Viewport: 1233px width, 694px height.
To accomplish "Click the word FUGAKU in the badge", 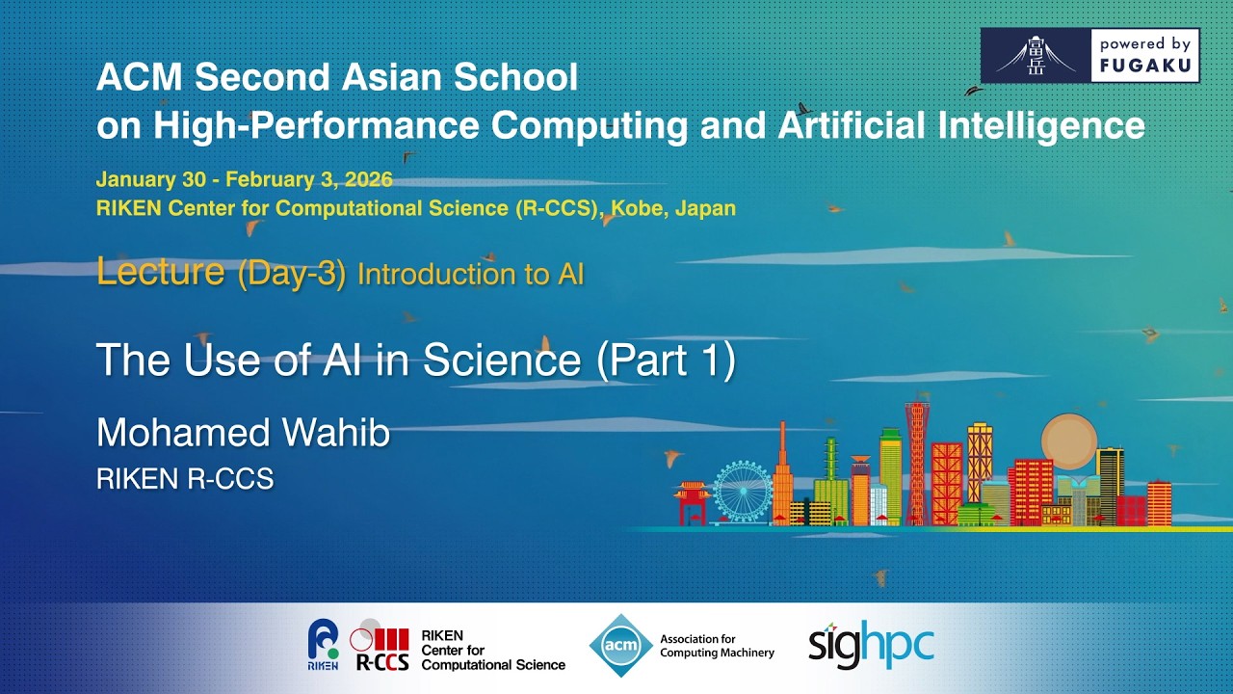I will (x=1146, y=67).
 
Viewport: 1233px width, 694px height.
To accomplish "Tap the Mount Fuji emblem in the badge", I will (x=1036, y=56).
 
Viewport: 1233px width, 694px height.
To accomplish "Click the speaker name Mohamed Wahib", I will (x=243, y=433).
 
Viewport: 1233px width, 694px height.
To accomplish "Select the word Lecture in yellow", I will (x=160, y=272).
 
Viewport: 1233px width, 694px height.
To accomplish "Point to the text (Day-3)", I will (x=291, y=274).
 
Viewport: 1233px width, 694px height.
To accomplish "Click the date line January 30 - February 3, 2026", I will (x=244, y=179).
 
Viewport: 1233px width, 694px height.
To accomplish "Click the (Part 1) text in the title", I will (x=666, y=360).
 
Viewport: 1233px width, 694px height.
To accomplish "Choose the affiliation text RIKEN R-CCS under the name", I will (x=185, y=479).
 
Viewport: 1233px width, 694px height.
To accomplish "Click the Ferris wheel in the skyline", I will (x=743, y=491).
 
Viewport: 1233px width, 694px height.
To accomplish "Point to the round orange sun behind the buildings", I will (x=1068, y=440).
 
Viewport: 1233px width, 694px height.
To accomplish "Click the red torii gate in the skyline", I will (x=693, y=501).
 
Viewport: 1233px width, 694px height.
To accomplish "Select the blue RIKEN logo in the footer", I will (x=323, y=644).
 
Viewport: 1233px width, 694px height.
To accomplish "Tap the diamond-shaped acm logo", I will (x=620, y=645).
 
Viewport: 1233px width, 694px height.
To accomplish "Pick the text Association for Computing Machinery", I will (x=717, y=646).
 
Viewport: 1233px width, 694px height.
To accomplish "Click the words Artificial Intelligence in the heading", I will (x=974, y=125).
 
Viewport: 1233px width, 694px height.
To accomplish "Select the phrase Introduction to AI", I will (x=470, y=275).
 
